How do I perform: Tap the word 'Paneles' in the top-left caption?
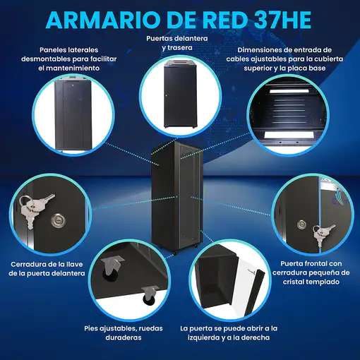[56, 49]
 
